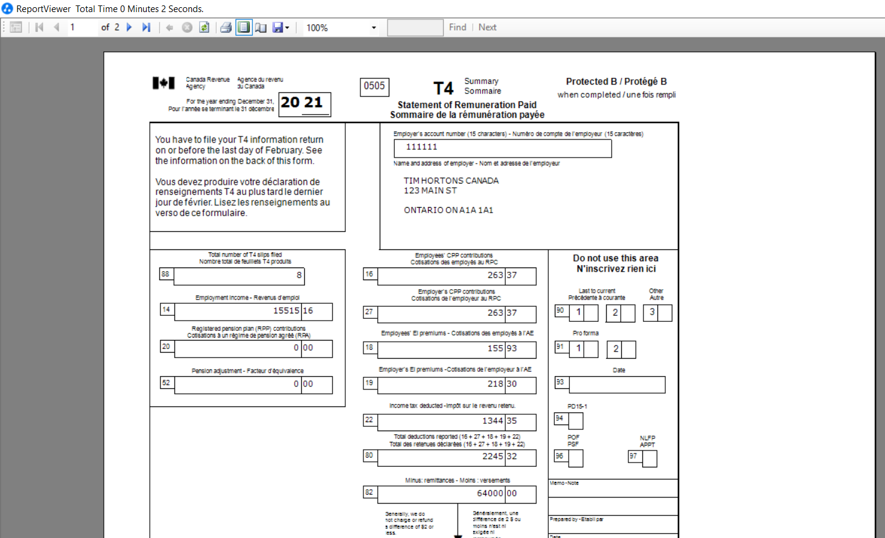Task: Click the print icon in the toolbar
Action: coord(226,27)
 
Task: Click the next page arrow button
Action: coord(129,27)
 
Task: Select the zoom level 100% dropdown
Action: coord(341,28)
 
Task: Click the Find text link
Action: coord(458,27)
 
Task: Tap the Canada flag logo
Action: coord(164,83)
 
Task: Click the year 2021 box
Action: coord(304,103)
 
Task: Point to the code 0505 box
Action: coord(374,86)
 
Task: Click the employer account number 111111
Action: coord(421,147)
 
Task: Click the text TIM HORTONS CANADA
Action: coord(451,181)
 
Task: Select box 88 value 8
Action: coord(298,275)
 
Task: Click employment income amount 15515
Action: coord(286,311)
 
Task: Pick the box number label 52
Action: coord(166,383)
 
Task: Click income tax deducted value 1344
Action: coord(492,421)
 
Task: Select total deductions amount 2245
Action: coord(492,456)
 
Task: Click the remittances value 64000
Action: coord(490,493)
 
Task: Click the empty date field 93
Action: coord(616,385)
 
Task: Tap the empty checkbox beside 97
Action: coord(650,459)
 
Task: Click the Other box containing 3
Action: coord(651,312)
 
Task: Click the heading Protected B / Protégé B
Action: coord(616,82)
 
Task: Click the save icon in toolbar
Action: coord(278,27)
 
